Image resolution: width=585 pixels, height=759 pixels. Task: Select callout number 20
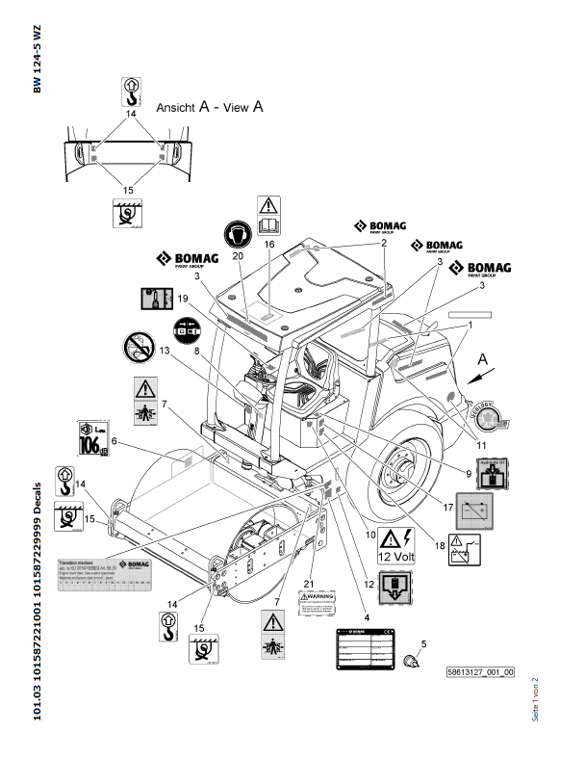tap(239, 257)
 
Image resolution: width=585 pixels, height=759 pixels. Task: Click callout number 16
tap(270, 246)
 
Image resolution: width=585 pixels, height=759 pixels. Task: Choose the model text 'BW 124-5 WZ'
tap(37, 61)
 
